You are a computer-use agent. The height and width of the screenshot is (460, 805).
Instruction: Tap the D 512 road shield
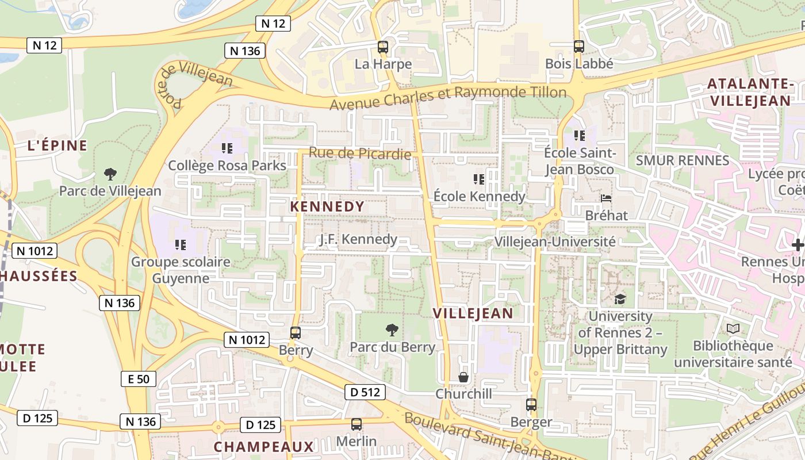pos(365,392)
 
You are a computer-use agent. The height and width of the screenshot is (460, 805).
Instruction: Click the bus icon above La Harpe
pos(383,47)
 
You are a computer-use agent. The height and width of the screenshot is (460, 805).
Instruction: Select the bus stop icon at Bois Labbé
pos(579,47)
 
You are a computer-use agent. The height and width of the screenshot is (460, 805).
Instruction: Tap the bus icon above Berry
pos(296,332)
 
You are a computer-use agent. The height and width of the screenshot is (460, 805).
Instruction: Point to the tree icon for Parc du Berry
pos(392,329)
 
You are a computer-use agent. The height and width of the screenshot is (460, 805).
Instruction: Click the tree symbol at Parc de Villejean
pos(110,174)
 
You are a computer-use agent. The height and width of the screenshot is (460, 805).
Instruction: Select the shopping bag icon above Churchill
pos(463,377)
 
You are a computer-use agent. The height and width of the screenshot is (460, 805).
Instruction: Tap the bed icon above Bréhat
pos(606,198)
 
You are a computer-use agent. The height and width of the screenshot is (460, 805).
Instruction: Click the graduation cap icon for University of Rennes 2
pos(620,299)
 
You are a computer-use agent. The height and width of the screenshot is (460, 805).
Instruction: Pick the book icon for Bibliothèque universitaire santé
pos(733,329)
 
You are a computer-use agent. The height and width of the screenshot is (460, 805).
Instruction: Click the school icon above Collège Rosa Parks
pos(227,148)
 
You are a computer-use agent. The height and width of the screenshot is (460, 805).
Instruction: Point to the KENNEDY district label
pos(327,206)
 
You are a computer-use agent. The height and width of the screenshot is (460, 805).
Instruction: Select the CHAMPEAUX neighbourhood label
pos(264,446)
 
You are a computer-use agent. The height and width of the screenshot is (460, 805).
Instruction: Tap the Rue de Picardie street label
pos(360,154)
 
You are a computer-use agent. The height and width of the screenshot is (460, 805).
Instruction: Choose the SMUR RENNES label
pos(682,160)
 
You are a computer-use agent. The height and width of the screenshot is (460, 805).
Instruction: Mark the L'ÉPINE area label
pos(57,145)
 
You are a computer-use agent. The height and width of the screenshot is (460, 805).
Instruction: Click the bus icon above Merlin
pos(356,424)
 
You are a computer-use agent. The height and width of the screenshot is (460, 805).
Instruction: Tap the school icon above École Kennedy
pos(478,179)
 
